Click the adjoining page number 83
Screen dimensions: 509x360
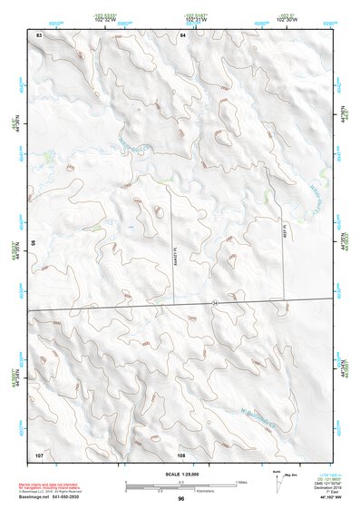[x=39, y=34]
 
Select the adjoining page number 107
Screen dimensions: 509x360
[x=39, y=453]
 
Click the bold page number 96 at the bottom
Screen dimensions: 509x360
[x=181, y=499]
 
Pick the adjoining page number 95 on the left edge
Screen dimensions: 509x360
[x=33, y=243]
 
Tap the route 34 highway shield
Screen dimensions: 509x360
[x=214, y=300]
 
